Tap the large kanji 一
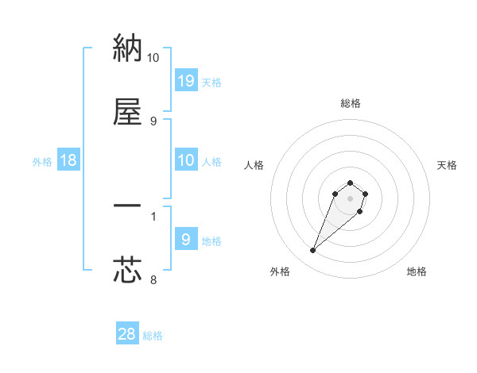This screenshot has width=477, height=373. pos(128,208)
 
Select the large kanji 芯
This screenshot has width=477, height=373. pos(128,271)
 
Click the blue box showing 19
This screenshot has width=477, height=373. pos(185,80)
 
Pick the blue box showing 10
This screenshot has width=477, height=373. pos(185,160)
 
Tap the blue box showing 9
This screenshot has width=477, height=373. pos(185,240)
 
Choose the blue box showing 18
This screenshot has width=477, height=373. pos(68,160)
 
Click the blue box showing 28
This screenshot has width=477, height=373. pos(127,334)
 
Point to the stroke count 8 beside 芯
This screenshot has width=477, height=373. pos(153,279)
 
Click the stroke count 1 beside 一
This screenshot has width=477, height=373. pos(153,215)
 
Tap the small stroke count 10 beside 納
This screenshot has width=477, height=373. pos(153,57)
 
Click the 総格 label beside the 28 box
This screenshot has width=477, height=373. pos(153,336)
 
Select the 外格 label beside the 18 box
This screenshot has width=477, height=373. pos(42,162)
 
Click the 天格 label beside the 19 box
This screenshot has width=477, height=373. pos(211,82)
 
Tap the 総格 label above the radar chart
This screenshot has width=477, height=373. pos(350,103)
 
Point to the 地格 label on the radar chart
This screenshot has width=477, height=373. pos(417,271)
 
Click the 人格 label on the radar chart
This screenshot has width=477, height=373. pos(254,165)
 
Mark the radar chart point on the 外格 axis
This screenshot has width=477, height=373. pos(312,251)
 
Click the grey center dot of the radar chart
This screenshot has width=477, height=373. pos(350,198)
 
